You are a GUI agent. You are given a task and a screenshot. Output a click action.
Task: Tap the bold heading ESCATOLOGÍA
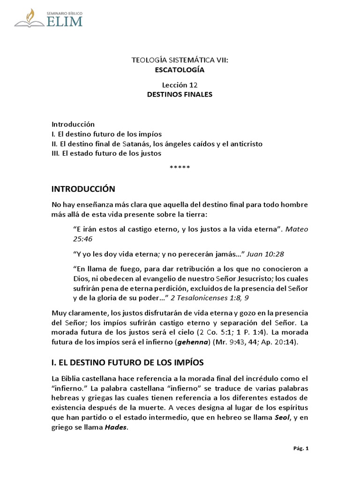[180, 70]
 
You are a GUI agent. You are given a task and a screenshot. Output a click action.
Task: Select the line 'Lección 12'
[180, 85]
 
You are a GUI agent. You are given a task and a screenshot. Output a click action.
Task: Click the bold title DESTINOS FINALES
[180, 94]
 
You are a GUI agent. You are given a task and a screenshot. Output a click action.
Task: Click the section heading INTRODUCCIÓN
[83, 189]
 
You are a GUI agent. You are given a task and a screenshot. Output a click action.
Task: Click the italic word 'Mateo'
[298, 230]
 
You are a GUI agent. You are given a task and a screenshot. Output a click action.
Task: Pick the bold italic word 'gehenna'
[190, 342]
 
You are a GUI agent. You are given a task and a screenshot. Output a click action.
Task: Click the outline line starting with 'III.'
[106, 153]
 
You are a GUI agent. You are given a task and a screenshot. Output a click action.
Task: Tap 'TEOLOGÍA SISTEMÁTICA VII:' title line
[180, 60]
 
